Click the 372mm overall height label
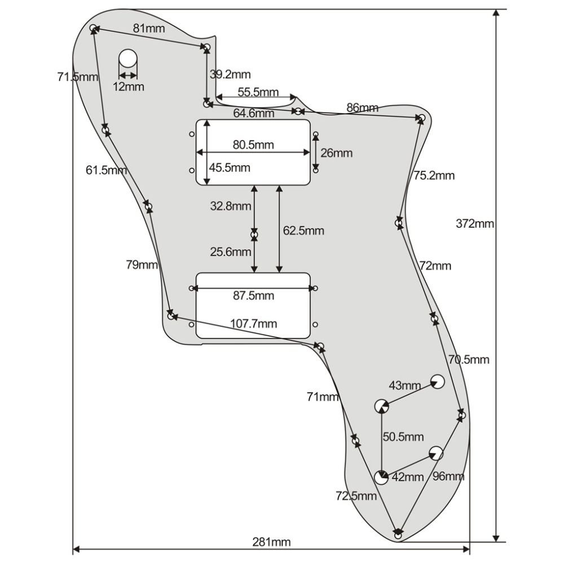[475, 224]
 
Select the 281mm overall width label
[271, 543]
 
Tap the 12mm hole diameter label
[128, 87]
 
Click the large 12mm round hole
[128, 58]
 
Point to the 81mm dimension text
[146, 28]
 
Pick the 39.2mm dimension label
[230, 74]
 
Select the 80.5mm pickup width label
[253, 145]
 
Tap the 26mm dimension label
[336, 153]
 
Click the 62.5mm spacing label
[303, 231]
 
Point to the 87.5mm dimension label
[253, 296]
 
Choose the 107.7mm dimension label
[254, 324]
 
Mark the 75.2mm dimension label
[433, 175]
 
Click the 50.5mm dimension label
[403, 437]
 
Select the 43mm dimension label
[405, 386]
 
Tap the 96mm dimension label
[448, 477]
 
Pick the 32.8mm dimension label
[231, 206]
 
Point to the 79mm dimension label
[142, 264]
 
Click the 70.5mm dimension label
[469, 359]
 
